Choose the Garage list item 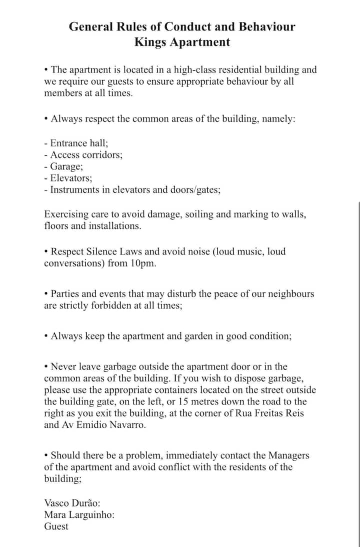point(65,166)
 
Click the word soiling point(199,214)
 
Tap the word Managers point(288,455)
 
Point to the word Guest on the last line point(56,526)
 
